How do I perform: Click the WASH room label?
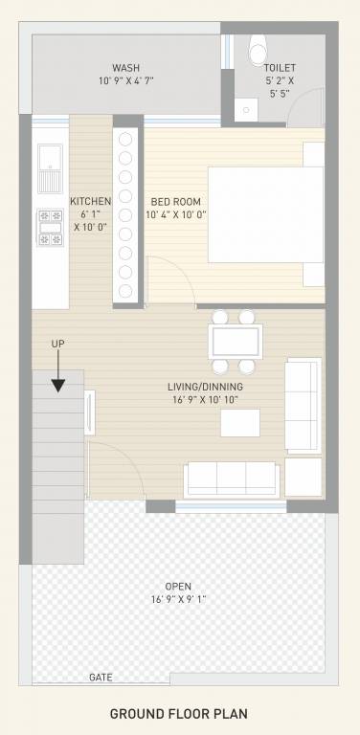pos(126,68)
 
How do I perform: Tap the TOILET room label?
pos(280,68)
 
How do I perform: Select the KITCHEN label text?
pos(91,201)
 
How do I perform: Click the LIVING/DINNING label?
pos(208,387)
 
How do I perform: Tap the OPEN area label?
pos(179,587)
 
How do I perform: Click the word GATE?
pos(101,677)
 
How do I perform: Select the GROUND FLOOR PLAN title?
pos(179,714)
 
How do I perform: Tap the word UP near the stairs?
pos(58,344)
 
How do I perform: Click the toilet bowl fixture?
pos(257,46)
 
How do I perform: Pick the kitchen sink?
pos(50,168)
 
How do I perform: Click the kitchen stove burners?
pos(50,227)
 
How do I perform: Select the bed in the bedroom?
pos(264,214)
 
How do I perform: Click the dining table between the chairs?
pos(235,341)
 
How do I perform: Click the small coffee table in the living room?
pos(240,422)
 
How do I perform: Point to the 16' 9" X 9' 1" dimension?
pos(179,600)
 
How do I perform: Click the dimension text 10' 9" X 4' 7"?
pos(126,81)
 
